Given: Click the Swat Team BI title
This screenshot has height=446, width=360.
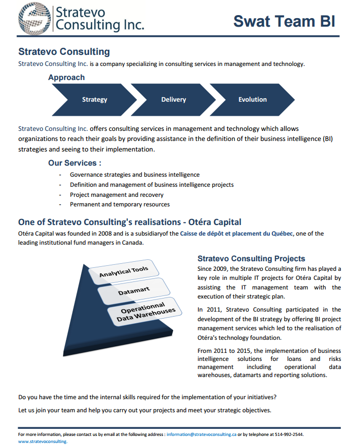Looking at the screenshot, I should [x=284, y=21].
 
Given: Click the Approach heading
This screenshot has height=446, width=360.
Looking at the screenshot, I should [x=66, y=78].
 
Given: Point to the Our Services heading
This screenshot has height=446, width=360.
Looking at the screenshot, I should [x=75, y=163].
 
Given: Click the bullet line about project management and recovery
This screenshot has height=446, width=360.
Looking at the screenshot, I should [x=116, y=195].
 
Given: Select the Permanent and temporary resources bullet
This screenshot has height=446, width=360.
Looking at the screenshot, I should [x=119, y=204].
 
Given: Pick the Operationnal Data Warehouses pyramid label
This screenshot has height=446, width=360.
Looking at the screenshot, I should [x=146, y=313].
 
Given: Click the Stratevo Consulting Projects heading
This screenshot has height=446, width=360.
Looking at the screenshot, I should [x=251, y=259].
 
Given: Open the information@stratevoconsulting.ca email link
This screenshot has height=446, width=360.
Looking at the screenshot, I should [x=201, y=434].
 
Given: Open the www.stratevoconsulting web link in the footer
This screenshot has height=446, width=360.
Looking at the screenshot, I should [x=42, y=441].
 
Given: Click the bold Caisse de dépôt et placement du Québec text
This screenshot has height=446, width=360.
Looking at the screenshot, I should [x=237, y=234].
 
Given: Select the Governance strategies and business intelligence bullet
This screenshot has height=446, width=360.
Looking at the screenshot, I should [x=134, y=175].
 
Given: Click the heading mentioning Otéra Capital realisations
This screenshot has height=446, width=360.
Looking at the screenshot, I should [x=129, y=222].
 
